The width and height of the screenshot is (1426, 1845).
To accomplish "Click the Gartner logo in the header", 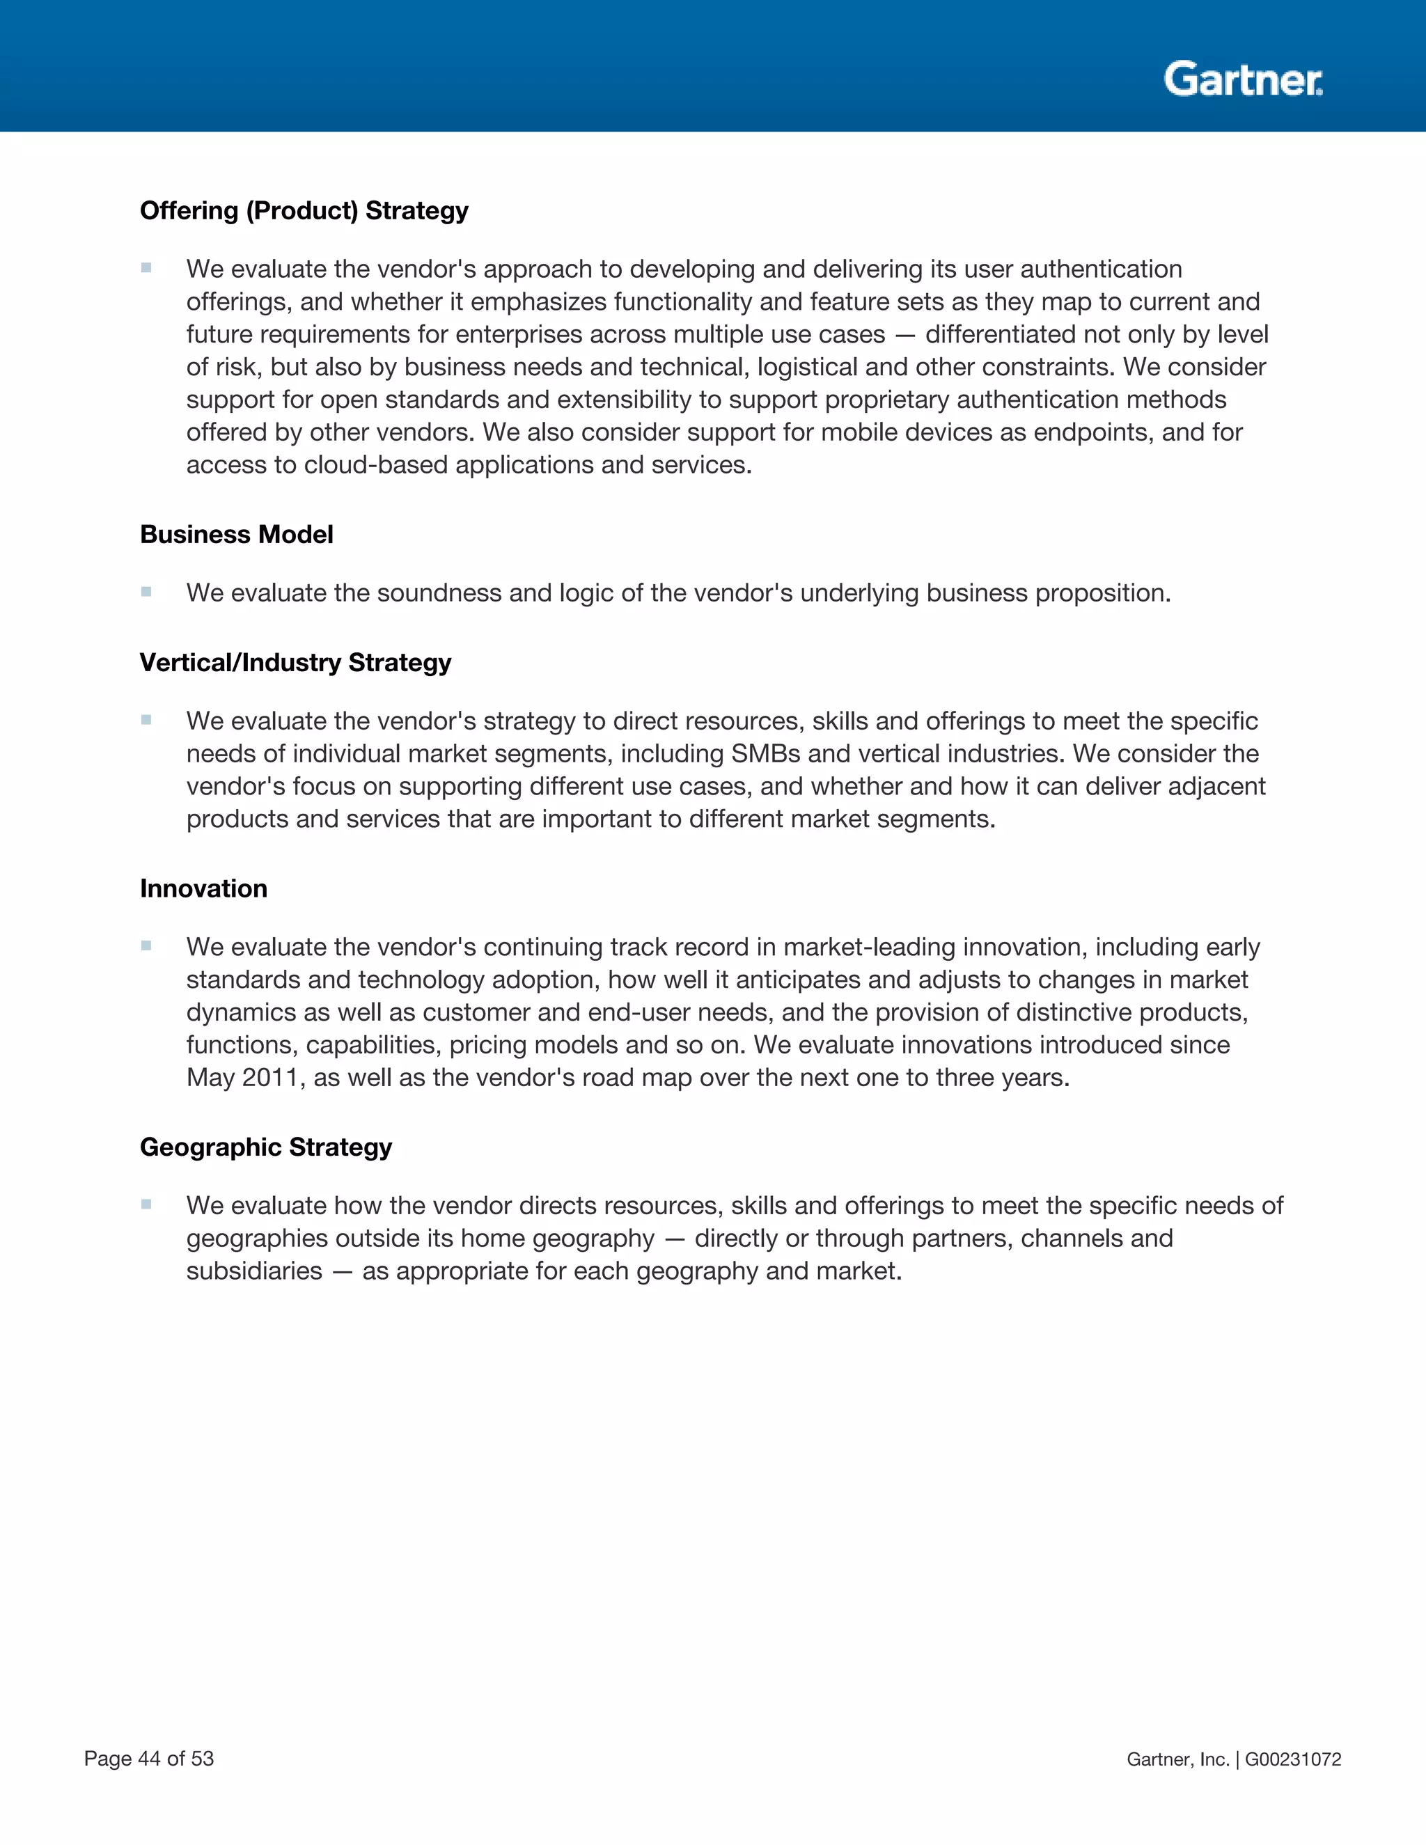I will (x=1243, y=79).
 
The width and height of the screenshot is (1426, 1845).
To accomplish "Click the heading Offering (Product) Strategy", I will (x=304, y=210).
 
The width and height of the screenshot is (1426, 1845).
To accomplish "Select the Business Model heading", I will (x=237, y=535).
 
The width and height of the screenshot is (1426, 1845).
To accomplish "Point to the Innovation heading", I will (x=203, y=888).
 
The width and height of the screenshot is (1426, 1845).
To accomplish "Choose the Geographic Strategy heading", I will (x=266, y=1147).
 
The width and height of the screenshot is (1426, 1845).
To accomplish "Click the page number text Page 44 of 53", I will (x=149, y=1759).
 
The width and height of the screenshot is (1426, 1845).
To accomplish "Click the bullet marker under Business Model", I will (x=146, y=592).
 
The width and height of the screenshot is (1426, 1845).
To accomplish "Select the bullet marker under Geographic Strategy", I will (x=146, y=1204).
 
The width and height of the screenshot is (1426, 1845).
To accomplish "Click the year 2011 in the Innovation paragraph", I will (x=273, y=1078).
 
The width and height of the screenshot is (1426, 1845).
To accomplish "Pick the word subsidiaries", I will (x=254, y=1271).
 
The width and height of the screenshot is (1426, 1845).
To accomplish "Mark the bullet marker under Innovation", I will (x=146, y=946).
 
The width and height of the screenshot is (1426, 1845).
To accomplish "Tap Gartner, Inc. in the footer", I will (x=1177, y=1759).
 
